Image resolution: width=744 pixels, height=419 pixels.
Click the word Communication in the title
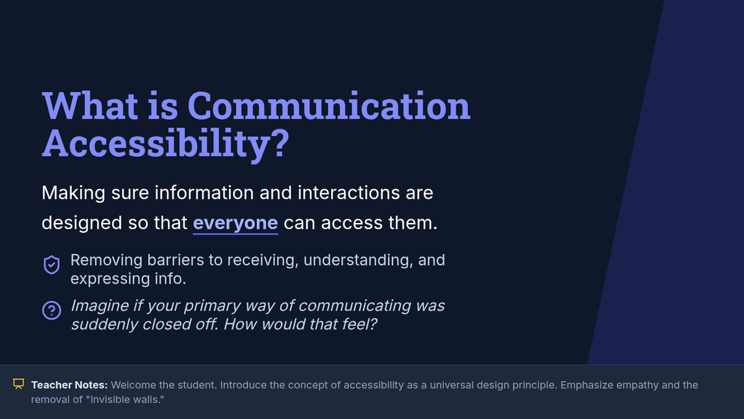[x=329, y=106]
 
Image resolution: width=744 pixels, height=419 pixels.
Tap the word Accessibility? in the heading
[x=166, y=143]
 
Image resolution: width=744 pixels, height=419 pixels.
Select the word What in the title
[x=90, y=106]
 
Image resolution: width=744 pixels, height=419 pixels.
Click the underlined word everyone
[x=236, y=223]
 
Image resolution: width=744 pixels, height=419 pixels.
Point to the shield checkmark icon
[x=52, y=265]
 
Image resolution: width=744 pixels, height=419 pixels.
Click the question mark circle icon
[x=51, y=310]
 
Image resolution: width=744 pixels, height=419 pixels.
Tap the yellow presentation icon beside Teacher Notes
[x=19, y=384]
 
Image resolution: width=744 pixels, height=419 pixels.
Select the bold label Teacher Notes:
[x=69, y=385]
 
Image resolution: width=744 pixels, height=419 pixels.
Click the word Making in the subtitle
[x=73, y=193]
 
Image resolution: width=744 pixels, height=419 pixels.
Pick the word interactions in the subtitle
[x=348, y=193]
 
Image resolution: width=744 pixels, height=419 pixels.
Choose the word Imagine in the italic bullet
[x=100, y=306]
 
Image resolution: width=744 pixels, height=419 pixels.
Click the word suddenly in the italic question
[x=105, y=325]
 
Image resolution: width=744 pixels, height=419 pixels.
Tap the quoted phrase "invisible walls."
[x=125, y=399]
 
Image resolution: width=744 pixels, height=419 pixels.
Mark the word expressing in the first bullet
[x=110, y=279]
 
